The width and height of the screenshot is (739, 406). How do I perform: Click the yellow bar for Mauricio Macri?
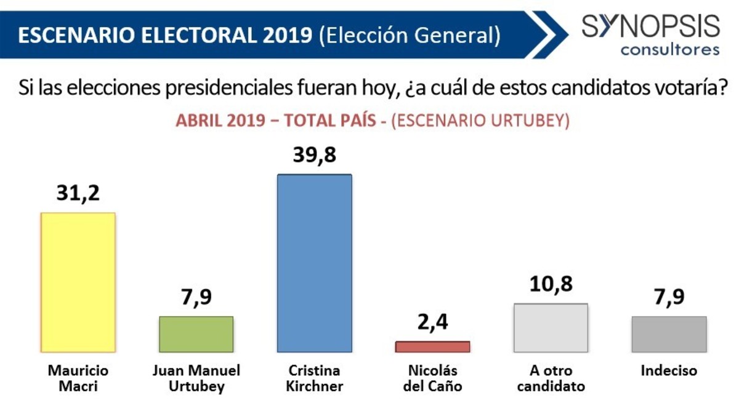point(78,282)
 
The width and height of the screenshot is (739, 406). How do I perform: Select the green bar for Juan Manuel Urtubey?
point(196,334)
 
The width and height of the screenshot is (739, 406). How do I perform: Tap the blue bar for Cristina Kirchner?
point(315,263)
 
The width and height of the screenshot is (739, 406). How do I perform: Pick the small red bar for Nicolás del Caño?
point(432,346)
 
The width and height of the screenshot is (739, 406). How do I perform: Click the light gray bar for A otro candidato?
point(551,327)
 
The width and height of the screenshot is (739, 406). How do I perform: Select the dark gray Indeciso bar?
point(669,334)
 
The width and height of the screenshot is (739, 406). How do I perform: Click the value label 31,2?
point(78,193)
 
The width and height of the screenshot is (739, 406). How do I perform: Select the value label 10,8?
point(551,284)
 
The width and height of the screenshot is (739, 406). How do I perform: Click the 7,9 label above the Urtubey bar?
point(196,297)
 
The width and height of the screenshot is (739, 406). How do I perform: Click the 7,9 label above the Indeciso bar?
point(669,297)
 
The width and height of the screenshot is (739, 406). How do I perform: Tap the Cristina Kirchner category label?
point(315,378)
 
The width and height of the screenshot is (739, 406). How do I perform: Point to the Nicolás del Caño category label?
point(432,378)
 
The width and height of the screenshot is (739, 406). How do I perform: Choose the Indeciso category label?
point(669,371)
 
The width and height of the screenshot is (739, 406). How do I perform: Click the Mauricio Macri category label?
point(78,378)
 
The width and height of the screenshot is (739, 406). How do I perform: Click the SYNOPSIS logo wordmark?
point(650,26)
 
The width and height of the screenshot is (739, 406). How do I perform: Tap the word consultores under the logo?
point(670,50)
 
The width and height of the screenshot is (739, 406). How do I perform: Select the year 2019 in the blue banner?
point(288,35)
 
